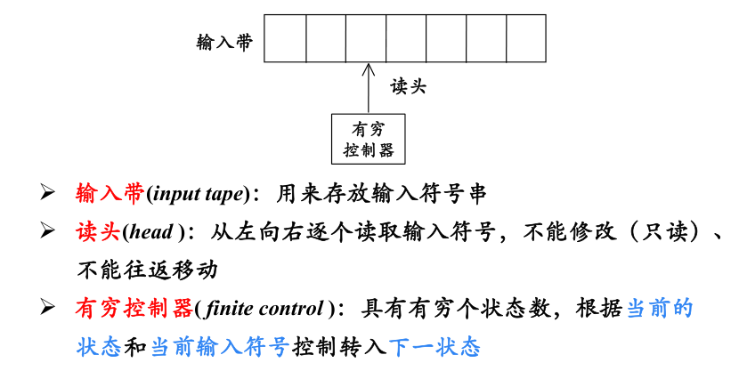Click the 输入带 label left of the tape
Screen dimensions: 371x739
coord(224,42)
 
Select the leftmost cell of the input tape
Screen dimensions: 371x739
coord(285,38)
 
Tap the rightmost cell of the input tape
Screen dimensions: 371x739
coord(525,38)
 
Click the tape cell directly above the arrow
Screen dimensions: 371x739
coord(366,38)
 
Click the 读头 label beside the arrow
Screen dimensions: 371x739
coord(409,86)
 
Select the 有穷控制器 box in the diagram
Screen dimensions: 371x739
coord(367,140)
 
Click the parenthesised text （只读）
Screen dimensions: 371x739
coord(658,233)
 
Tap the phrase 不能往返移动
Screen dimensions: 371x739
coord(147,269)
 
